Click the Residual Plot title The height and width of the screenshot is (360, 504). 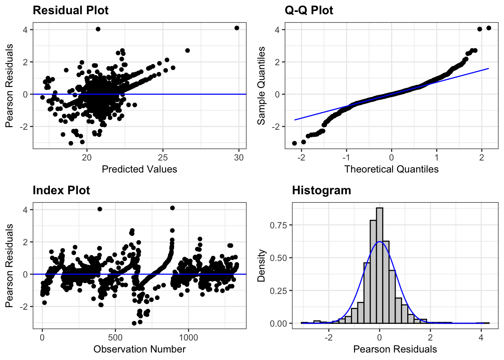(70, 10)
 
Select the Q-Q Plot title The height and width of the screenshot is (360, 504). (309, 10)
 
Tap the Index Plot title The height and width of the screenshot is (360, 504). (61, 190)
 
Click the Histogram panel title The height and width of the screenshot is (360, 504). (321, 190)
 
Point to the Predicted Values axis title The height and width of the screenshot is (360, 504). (139, 169)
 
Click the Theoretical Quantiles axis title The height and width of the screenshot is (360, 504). (391, 169)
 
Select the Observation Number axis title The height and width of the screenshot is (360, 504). (139, 349)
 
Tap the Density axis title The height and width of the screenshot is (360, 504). (261, 265)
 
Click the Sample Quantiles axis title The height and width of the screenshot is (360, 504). (261, 85)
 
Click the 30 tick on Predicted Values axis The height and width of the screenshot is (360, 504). (239, 157)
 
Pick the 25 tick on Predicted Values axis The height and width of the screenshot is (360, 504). (163, 157)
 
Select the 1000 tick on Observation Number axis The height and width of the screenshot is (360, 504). (188, 337)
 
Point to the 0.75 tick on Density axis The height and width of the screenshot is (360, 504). (278, 225)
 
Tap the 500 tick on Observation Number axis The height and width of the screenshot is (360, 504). (115, 337)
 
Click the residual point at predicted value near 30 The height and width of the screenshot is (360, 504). (237, 28)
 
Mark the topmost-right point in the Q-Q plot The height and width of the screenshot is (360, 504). (489, 28)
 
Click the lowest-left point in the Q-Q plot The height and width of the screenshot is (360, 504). (294, 143)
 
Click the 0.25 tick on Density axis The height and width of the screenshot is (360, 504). (278, 291)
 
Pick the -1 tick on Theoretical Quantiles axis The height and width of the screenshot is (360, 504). (346, 157)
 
